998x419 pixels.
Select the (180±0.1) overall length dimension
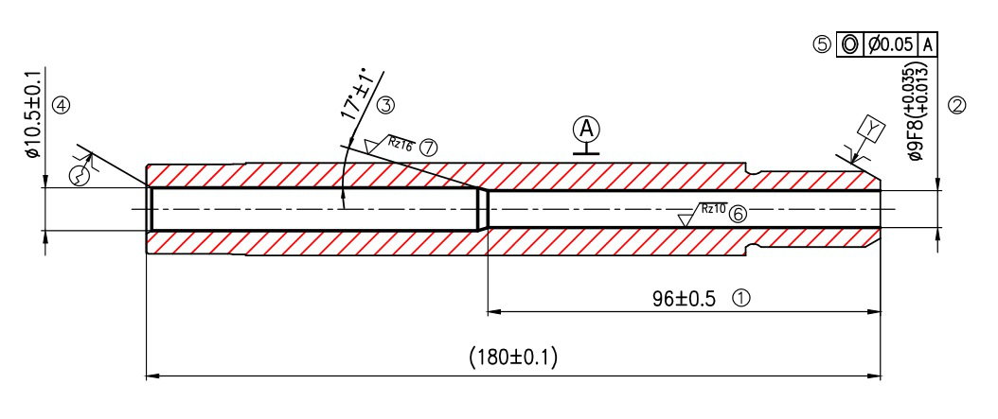pyautogui.click(x=513, y=358)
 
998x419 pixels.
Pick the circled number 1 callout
pyautogui.click(x=741, y=297)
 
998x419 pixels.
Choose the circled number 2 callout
pyautogui.click(x=956, y=106)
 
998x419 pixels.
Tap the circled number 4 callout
pyautogui.click(x=62, y=105)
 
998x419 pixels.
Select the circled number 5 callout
pyautogui.click(x=822, y=44)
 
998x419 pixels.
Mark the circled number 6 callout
pyautogui.click(x=739, y=215)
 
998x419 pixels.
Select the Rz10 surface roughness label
pyautogui.click(x=713, y=209)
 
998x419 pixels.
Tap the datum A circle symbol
pyautogui.click(x=587, y=129)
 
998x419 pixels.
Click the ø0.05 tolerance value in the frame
pyautogui.click(x=891, y=44)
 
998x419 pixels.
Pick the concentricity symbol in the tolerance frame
pyautogui.click(x=850, y=44)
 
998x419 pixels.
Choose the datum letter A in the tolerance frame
pyautogui.click(x=928, y=44)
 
